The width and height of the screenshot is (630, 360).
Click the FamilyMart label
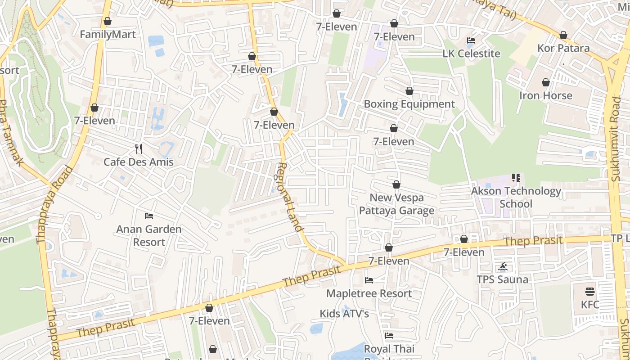tap(108, 35)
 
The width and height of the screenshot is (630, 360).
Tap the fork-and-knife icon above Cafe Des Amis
tap(139, 149)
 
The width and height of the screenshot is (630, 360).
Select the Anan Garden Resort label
tap(149, 235)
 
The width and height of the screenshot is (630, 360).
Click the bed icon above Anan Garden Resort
tap(149, 216)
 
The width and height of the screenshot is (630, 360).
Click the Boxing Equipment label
tap(409, 104)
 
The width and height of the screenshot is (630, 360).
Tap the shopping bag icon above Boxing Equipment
tap(409, 91)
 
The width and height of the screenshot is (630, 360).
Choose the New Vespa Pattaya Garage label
tap(396, 204)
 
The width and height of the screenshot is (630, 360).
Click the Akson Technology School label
tap(516, 197)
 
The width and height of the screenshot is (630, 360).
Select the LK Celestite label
tap(471, 54)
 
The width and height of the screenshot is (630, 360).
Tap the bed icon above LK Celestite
tap(471, 40)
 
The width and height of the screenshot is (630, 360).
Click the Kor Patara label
tap(563, 48)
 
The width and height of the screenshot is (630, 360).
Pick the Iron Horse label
tap(545, 95)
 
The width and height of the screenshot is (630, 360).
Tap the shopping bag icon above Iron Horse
tap(545, 83)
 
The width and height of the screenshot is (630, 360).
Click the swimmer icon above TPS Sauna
tap(503, 267)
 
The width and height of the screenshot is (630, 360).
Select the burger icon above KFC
tap(589, 292)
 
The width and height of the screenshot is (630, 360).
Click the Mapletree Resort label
tap(369, 293)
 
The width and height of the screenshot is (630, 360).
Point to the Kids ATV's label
tap(344, 314)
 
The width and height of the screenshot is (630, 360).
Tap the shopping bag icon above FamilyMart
tap(108, 22)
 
